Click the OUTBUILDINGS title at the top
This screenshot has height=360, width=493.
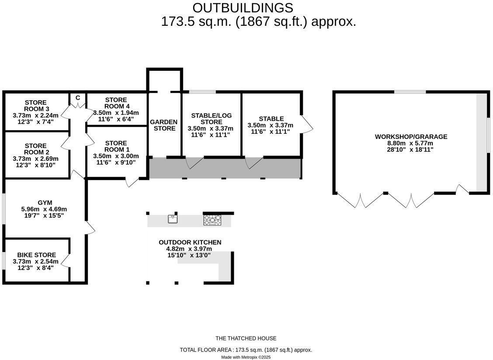243,7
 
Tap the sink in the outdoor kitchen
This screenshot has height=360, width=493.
173,219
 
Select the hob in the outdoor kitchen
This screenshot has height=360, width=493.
212,220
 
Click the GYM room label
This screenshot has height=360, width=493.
44,203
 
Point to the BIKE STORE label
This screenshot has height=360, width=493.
36,255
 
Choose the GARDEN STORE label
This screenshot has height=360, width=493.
163,125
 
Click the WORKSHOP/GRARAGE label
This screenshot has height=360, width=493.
411,137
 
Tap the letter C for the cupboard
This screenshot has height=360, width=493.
78,98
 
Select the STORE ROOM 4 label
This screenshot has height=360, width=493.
116,103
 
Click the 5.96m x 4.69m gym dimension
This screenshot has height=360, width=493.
44,209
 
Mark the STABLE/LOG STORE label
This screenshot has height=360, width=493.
211,119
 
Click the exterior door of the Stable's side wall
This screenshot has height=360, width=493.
307,124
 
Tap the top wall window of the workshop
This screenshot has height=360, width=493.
410,92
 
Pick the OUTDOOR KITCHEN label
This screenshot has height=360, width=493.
190,242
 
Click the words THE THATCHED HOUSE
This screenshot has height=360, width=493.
246,338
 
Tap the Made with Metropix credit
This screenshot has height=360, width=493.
246,357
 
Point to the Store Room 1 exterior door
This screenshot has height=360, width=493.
132,182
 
